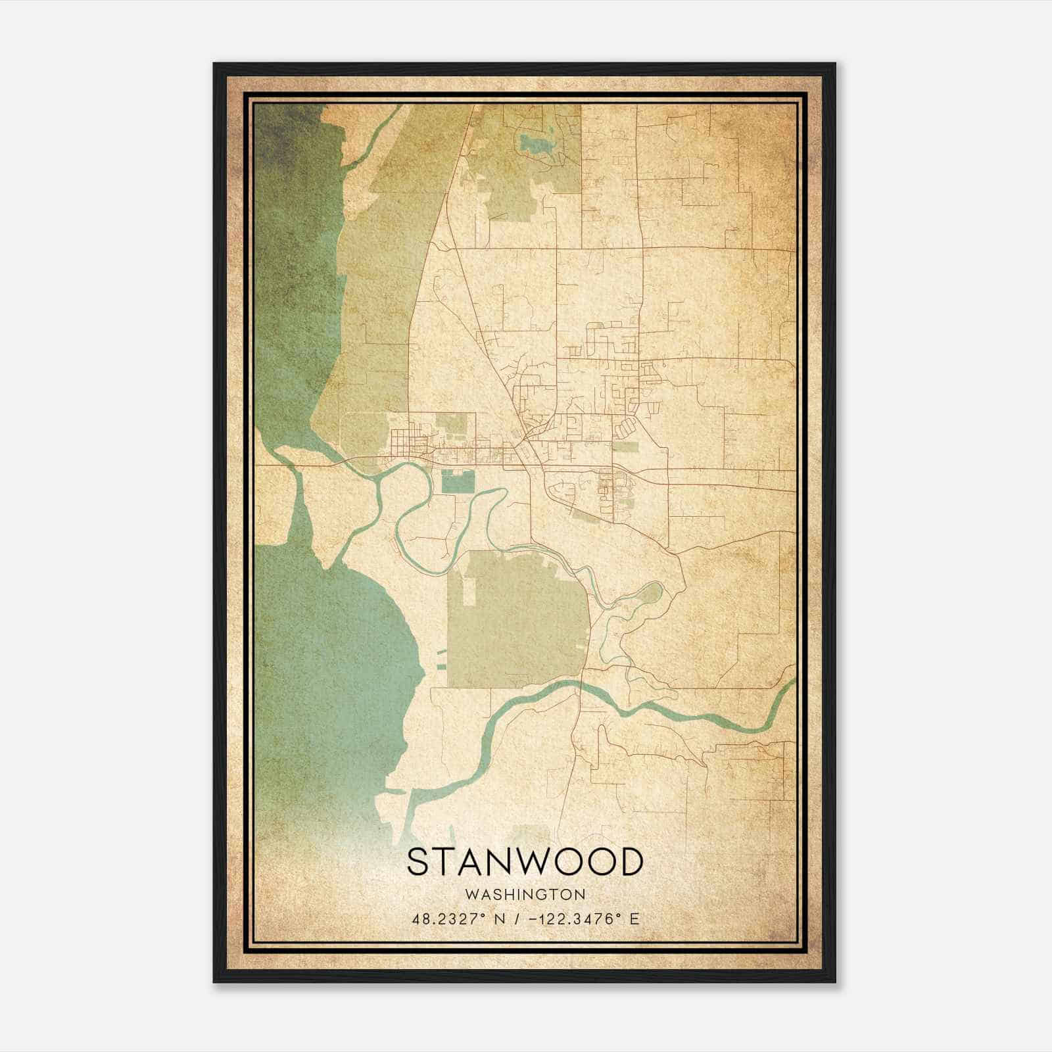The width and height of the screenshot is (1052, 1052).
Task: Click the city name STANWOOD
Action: (524, 861)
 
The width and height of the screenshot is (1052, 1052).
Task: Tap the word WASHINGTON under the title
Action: (525, 895)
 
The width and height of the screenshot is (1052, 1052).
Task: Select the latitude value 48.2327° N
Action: (454, 919)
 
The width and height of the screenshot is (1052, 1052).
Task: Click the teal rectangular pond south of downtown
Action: (458, 482)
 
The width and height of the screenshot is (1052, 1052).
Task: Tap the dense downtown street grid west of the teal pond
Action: (411, 441)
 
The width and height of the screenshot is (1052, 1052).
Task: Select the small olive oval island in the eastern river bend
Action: (647, 595)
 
